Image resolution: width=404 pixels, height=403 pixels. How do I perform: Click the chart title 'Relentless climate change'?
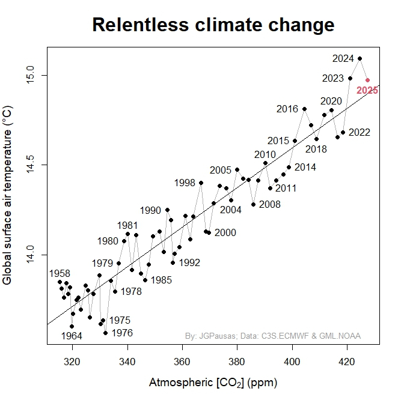click(213, 25)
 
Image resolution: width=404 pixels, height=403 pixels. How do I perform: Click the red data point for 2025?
click(367, 80)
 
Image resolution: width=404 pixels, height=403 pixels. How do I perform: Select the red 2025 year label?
click(367, 91)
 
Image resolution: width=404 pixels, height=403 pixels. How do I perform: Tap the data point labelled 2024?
click(360, 58)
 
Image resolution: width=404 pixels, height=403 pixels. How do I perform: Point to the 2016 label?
click(287, 109)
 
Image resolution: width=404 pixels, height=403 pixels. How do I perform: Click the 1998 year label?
click(185, 183)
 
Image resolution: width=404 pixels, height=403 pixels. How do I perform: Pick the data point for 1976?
click(105, 333)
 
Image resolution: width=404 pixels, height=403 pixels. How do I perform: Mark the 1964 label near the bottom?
click(72, 335)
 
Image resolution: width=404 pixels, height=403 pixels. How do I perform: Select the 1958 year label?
click(60, 273)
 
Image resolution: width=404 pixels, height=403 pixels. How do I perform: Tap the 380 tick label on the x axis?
click(237, 362)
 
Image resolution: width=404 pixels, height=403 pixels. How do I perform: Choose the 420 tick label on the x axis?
click(347, 362)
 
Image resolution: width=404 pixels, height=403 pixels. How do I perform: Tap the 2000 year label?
click(225, 232)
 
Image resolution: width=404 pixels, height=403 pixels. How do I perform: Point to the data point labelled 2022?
click(343, 132)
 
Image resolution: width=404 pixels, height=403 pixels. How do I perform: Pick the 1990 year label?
click(150, 210)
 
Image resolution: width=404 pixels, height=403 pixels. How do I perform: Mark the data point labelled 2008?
click(253, 204)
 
